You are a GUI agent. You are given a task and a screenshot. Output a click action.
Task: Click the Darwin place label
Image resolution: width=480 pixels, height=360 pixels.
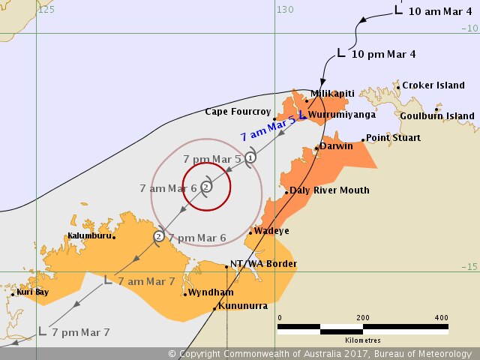coord(336,146)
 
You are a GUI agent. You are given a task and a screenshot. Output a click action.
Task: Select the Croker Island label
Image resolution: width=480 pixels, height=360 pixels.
coord(433,85)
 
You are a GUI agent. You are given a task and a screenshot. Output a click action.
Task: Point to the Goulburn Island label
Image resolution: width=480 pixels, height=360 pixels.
coord(437,116)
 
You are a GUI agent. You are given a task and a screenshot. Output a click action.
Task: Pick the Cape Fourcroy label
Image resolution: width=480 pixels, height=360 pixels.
coord(236,112)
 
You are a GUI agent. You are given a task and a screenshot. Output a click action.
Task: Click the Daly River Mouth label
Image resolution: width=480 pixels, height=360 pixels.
coord(329,190)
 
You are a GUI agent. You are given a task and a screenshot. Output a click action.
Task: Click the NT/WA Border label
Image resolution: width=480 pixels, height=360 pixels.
coord(263,264)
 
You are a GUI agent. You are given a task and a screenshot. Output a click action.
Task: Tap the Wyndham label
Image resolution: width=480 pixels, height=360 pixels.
coord(211,292)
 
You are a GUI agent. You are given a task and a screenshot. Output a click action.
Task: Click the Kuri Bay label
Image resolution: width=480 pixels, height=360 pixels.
coord(32,292)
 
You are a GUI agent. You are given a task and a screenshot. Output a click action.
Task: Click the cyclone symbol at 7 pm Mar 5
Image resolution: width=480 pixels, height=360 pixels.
coord(251,157)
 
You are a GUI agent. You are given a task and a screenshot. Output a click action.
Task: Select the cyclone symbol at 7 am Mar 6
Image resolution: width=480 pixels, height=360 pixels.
coord(206,187)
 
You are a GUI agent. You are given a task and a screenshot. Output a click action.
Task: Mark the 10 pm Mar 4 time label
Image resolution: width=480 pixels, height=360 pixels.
coord(382,53)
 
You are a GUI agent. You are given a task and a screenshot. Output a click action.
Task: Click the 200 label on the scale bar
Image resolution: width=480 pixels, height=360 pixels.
coord(364,317)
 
